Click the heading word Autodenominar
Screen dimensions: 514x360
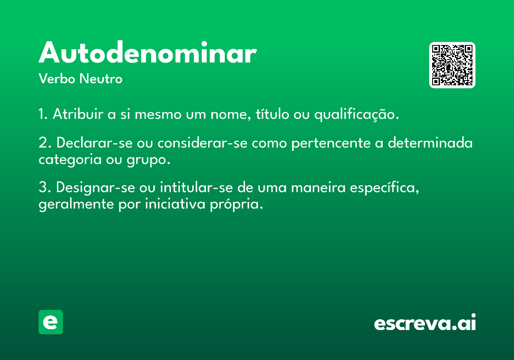click(147, 52)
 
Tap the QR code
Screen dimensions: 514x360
click(452, 65)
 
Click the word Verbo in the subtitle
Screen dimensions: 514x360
click(57, 78)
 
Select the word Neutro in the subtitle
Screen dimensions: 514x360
click(101, 78)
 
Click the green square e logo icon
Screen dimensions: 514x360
click(51, 322)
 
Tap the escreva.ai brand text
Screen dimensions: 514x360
click(425, 322)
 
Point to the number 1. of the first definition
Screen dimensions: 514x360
click(43, 114)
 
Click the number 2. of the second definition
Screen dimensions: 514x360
click(45, 143)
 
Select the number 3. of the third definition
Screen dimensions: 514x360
click(45, 187)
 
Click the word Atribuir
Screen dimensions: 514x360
click(78, 114)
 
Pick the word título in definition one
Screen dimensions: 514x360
click(272, 114)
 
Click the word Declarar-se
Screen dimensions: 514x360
click(95, 143)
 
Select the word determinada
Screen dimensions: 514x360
click(430, 143)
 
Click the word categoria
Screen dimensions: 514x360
click(70, 160)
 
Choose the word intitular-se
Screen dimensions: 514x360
click(197, 187)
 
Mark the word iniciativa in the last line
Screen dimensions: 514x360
click(175, 204)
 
